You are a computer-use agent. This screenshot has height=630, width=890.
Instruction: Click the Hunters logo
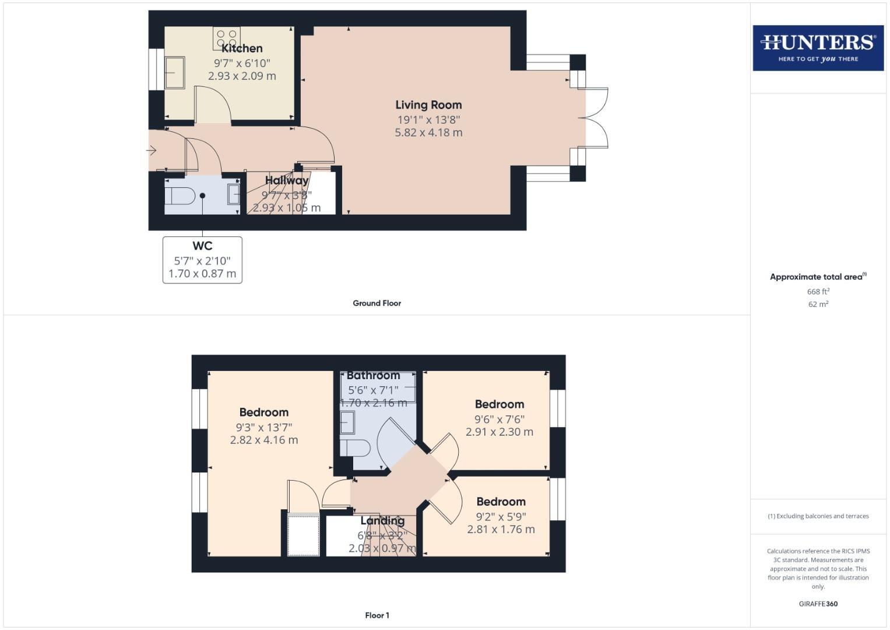pos(818,48)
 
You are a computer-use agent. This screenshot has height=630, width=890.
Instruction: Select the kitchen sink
pos(174,72)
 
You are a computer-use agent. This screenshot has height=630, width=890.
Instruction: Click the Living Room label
pos(428,105)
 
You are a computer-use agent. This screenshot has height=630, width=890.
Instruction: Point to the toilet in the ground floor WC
pos(180,195)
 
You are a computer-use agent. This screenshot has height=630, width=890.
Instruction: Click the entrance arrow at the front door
pos(152,151)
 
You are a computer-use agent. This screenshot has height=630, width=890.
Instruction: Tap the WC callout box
pos(202,260)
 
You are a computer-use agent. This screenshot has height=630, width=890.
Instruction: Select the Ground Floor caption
pos(377,303)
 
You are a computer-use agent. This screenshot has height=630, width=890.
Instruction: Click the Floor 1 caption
pos(377,615)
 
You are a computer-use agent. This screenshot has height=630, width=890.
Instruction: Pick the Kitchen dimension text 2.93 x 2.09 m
pos(242,76)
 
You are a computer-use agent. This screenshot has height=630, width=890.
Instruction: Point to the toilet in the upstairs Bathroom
pos(355,448)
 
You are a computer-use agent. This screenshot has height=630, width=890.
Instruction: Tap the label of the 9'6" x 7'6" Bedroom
pos(499,404)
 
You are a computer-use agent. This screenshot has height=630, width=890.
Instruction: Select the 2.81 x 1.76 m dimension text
pos(501,530)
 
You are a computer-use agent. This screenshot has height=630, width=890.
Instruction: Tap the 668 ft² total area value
pos(818,292)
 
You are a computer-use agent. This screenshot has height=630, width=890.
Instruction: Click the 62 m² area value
pos(818,304)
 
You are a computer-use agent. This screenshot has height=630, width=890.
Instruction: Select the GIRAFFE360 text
pos(818,604)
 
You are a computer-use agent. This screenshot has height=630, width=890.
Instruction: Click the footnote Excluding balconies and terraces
pos(818,516)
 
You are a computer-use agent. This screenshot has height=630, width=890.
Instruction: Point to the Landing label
pos(382,521)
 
